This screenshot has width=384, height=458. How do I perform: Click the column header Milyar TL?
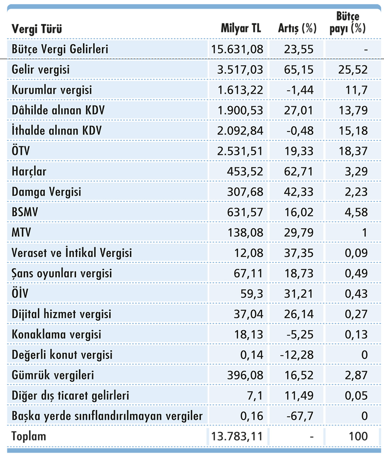pos(241,28)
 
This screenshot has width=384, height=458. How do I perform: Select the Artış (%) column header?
pos(297,28)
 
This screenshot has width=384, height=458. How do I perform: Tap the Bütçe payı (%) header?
pos(348,22)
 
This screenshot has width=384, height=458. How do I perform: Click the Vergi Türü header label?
pos(37,29)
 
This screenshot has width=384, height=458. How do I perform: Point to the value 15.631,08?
pos(237,49)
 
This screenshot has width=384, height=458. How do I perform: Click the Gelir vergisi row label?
pos(41,70)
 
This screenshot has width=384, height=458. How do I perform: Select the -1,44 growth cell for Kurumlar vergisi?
pos(300,90)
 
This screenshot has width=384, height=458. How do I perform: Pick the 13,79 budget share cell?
pos(353,110)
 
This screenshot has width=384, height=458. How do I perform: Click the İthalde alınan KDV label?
pos(57,131)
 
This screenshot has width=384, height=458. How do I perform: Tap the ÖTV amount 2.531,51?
pos(240,151)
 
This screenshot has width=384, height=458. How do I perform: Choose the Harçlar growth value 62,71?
pos(298,171)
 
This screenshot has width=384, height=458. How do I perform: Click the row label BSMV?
pos(25,212)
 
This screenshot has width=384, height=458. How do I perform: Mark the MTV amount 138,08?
pos(245,233)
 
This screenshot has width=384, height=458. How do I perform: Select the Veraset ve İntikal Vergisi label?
pos(72,253)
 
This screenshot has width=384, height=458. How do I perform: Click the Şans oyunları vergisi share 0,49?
pos(356,273)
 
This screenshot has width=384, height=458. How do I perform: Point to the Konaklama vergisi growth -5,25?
pos(300,334)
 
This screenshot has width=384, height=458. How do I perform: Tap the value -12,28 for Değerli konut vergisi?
pos(297,355)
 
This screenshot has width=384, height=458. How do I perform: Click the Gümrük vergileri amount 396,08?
pos(245,375)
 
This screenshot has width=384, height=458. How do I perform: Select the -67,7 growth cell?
pos(300,416)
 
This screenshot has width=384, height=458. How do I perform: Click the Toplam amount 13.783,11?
pos(237,436)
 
